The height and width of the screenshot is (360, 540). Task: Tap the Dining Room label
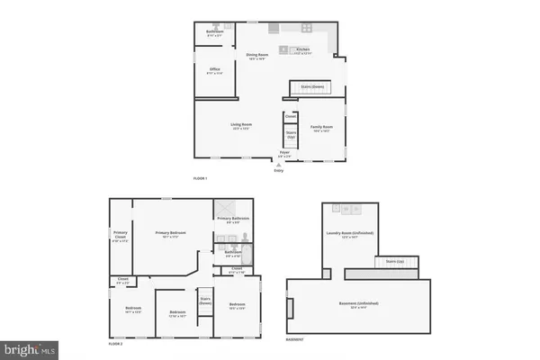coord(258,55)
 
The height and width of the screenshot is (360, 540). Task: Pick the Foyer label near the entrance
coord(284,153)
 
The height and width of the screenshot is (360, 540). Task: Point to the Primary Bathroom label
coord(233,219)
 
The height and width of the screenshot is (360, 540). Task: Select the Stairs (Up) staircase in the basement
coord(393,262)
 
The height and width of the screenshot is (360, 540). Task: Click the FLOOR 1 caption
coord(201,179)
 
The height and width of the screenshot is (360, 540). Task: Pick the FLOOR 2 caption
coord(115,344)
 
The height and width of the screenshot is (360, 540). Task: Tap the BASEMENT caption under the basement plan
coord(294,339)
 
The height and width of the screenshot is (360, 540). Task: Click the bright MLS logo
coord(29,347)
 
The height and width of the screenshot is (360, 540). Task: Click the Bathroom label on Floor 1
coord(215,32)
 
